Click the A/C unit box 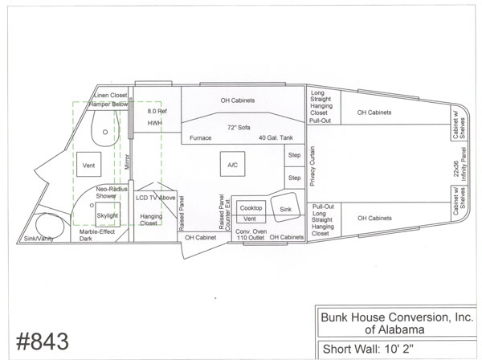(232, 164)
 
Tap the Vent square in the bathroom (89, 164)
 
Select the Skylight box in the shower (108, 215)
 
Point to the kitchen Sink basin (285, 207)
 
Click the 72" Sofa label (239, 127)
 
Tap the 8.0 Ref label (157, 111)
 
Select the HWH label (154, 123)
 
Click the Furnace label (200, 138)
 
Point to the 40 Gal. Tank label (276, 137)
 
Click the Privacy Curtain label (312, 166)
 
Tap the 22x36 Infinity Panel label (460, 164)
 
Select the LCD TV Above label (156, 198)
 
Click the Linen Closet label (110, 96)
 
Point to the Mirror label (128, 162)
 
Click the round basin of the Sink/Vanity (50, 225)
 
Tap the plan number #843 (43, 342)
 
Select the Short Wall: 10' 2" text (368, 349)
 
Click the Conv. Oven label (251, 231)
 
